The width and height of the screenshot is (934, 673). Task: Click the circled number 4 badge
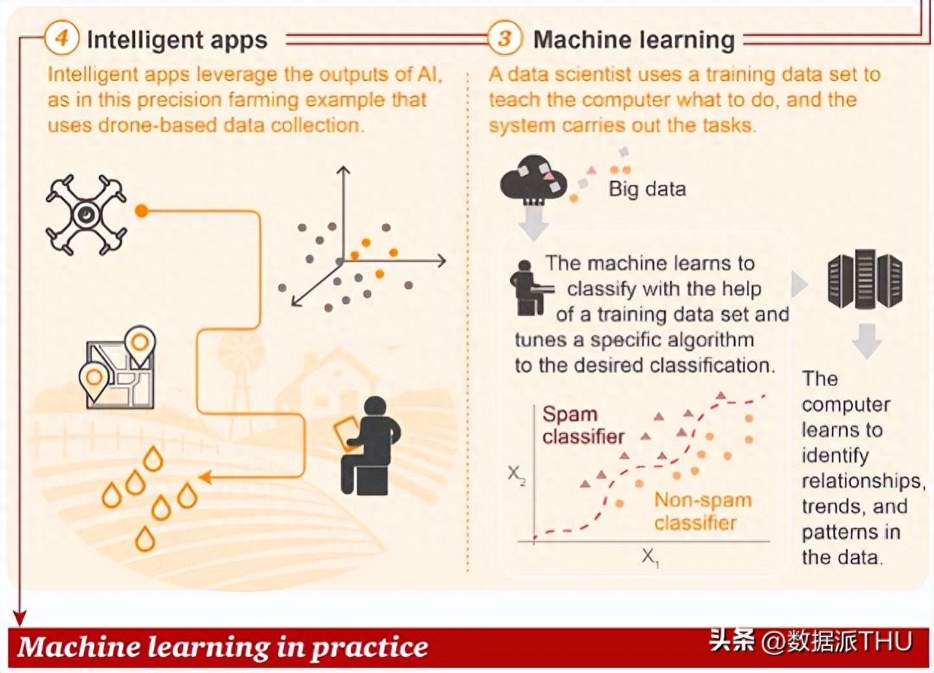click(x=62, y=38)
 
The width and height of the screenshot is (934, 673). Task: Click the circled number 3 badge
click(x=504, y=39)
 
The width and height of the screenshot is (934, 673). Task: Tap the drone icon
click(x=86, y=215)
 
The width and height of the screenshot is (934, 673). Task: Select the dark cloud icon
click(x=533, y=180)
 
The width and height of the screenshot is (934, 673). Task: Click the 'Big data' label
click(x=647, y=189)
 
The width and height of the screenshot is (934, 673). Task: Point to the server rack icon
click(x=865, y=279)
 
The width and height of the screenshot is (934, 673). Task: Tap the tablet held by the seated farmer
click(x=346, y=434)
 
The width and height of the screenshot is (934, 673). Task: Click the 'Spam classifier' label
click(x=583, y=426)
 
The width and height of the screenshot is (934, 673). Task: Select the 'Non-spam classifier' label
click(x=703, y=511)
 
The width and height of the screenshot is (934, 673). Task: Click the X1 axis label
click(x=650, y=558)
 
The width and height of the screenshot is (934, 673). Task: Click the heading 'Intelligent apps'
click(x=177, y=40)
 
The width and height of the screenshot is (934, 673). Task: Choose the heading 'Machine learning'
click(x=634, y=40)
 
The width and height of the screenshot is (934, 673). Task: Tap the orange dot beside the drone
click(x=142, y=210)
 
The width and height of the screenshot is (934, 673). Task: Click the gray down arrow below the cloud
click(x=533, y=223)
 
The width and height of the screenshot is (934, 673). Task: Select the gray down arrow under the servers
click(x=867, y=341)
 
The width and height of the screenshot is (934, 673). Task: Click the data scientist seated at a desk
click(x=530, y=288)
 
